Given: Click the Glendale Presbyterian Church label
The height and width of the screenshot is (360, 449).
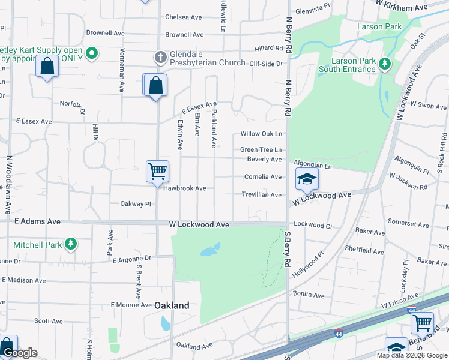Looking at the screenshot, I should click(207, 63).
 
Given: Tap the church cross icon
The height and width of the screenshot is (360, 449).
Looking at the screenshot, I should click(160, 58).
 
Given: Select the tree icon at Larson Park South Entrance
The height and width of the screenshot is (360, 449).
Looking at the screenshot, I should click(385, 64).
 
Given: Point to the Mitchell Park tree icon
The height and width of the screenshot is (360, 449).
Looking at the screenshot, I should click(71, 244).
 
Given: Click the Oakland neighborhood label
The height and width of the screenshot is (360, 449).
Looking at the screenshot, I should click(172, 305).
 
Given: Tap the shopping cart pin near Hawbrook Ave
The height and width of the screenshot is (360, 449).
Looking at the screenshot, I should click(157, 172).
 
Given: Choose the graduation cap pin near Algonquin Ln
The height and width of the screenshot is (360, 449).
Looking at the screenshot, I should click(306, 179).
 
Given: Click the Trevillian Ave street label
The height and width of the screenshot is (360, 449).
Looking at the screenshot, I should click(262, 195).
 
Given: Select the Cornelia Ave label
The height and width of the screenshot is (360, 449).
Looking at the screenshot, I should click(263, 177).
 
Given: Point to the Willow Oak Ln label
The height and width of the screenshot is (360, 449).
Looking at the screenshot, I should click(261, 134).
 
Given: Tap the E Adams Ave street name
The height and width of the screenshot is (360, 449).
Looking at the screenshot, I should click(38, 221).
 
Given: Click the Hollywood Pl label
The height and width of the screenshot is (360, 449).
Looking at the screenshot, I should click(312, 262).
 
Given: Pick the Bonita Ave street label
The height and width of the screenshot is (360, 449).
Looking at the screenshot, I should click(309, 295).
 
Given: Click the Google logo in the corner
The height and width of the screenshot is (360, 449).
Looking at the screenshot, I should click(20, 353).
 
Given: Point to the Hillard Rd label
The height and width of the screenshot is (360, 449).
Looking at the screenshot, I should click(268, 48).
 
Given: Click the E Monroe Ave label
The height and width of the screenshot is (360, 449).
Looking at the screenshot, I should click(128, 305).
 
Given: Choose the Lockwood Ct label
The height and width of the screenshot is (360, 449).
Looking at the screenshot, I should click(313, 226).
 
